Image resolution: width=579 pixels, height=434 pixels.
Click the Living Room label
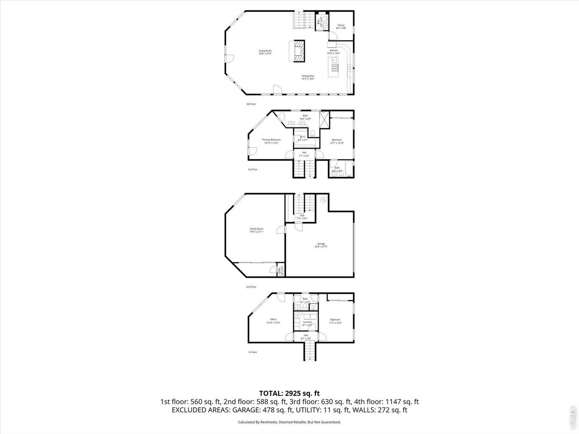265,52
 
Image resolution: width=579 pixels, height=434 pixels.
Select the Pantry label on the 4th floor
341,27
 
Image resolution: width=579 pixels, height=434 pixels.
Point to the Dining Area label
308,77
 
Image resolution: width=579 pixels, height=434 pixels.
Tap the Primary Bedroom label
271,141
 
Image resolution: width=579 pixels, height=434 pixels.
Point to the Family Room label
256,230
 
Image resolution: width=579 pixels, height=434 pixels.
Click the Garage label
320,245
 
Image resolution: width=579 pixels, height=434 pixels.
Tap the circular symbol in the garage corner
323,199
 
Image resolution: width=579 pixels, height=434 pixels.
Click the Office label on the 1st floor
273,321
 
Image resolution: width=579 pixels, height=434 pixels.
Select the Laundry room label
307,323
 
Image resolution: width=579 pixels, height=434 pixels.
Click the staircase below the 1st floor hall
308,351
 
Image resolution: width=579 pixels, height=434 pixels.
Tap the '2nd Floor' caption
251,287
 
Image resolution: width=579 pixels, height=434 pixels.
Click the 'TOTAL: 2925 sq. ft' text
289,393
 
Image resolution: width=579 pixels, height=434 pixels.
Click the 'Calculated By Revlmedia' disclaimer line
289,422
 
